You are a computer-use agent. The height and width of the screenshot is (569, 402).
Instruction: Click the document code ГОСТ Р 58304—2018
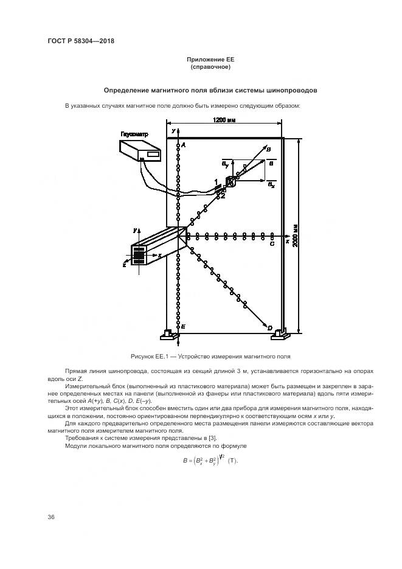click(x=81, y=41)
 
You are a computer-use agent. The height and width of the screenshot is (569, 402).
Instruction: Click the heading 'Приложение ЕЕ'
click(x=210, y=59)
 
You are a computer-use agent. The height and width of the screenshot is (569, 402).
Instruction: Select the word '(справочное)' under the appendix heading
click(x=210, y=66)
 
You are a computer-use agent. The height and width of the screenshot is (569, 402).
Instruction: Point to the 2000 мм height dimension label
click(x=296, y=234)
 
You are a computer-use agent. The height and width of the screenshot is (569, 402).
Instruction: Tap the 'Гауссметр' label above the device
click(x=134, y=134)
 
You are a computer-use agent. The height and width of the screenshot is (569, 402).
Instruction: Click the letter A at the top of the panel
click(x=184, y=146)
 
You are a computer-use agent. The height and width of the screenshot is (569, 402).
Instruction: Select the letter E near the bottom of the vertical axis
click(x=183, y=327)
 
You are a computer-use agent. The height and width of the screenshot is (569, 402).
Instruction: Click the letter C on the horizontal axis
click(x=272, y=243)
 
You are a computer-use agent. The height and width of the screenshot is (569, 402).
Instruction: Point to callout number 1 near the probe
click(x=216, y=182)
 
